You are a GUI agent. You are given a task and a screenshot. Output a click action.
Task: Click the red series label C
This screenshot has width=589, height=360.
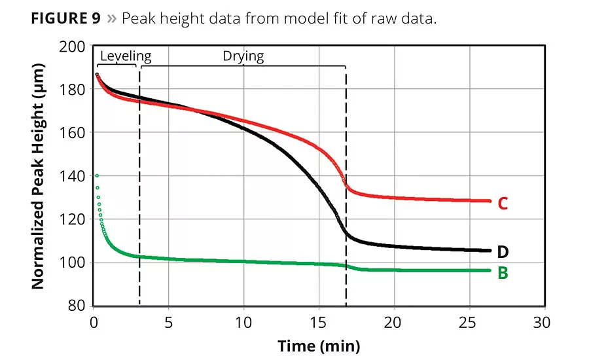tap(503, 204)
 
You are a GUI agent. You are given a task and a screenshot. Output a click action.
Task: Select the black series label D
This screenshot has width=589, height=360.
tap(503, 251)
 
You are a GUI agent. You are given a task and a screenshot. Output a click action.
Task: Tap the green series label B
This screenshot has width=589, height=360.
tap(503, 272)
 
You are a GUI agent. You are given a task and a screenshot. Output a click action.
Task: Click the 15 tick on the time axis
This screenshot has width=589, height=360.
tap(318, 323)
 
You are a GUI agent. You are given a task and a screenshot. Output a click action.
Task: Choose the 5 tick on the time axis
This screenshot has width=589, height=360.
tap(169, 323)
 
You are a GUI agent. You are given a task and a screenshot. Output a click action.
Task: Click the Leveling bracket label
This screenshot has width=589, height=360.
tap(126, 56)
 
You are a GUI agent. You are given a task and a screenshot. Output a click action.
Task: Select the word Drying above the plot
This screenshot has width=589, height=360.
tap(243, 56)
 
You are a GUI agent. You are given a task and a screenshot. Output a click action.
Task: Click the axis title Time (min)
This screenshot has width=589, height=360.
tap(318, 345)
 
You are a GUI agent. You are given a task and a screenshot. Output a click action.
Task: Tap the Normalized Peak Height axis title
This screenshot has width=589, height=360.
tap(38, 176)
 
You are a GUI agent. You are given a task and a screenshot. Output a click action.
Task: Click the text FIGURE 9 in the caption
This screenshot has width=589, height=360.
tap(65, 19)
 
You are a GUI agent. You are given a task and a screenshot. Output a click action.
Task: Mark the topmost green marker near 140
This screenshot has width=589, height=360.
tap(97, 175)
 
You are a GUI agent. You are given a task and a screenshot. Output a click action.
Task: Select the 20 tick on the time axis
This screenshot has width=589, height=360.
tap(393, 323)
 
